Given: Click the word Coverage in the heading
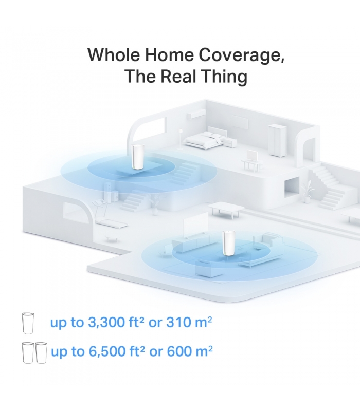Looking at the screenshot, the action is (241, 55).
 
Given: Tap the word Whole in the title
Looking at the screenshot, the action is (114, 54).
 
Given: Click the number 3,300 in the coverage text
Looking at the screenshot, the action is (106, 323).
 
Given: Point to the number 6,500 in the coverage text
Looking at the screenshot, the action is (107, 351).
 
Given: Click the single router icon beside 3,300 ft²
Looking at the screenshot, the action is (28, 323).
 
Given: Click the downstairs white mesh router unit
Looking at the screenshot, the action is (227, 243).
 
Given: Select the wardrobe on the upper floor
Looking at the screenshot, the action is (277, 140).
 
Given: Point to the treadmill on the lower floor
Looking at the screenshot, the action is (107, 214).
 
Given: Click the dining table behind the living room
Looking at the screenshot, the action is (226, 209).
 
